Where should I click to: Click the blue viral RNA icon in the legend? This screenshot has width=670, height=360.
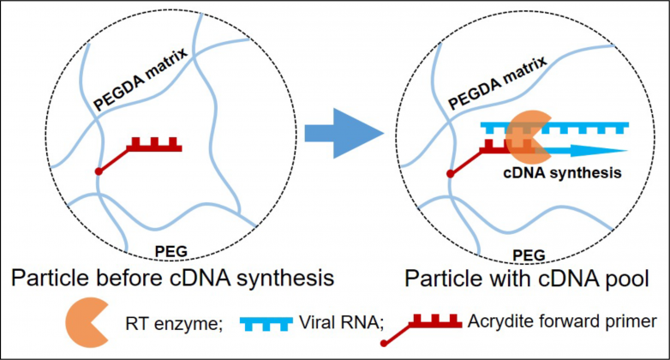tap(266, 324)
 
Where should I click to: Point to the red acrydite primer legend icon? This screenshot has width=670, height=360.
tap(421, 329)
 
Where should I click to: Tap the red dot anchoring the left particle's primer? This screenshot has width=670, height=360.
tap(99, 171)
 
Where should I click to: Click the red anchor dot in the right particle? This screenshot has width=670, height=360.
tap(451, 174)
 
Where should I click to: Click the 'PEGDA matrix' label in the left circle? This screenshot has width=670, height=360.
tap(141, 79)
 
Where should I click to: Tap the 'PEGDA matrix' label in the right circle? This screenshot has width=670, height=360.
tap(498, 82)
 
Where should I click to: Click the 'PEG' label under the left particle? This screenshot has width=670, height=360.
tap(170, 251)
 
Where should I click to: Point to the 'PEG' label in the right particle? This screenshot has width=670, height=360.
tap(529, 255)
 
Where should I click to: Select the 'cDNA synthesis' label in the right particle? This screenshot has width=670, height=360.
tap(562, 173)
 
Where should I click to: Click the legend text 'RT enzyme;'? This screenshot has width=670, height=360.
tap(174, 324)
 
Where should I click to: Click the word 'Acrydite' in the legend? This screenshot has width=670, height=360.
tap(498, 321)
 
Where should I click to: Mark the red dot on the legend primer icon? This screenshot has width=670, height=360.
tap(384, 344)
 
